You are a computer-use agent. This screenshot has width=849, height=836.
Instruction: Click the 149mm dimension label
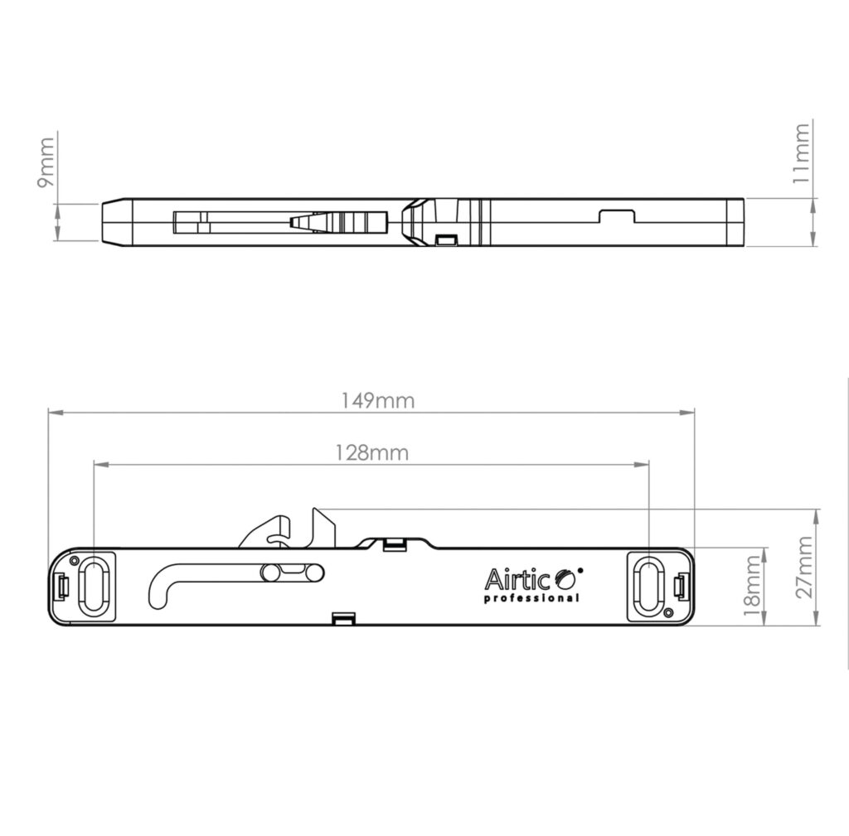coord(377,400)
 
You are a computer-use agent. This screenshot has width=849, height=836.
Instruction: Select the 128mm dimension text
coord(372,452)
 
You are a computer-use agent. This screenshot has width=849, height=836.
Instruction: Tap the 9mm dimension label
coord(46,162)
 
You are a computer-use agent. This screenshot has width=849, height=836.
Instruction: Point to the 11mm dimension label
coord(801,153)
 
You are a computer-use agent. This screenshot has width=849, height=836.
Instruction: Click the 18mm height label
coord(752,586)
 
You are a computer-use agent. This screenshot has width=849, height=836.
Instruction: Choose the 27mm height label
coord(804,567)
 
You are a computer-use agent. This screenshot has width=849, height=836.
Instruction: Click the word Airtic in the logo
coord(517,580)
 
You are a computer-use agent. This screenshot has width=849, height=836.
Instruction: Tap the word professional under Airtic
coord(531,598)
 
